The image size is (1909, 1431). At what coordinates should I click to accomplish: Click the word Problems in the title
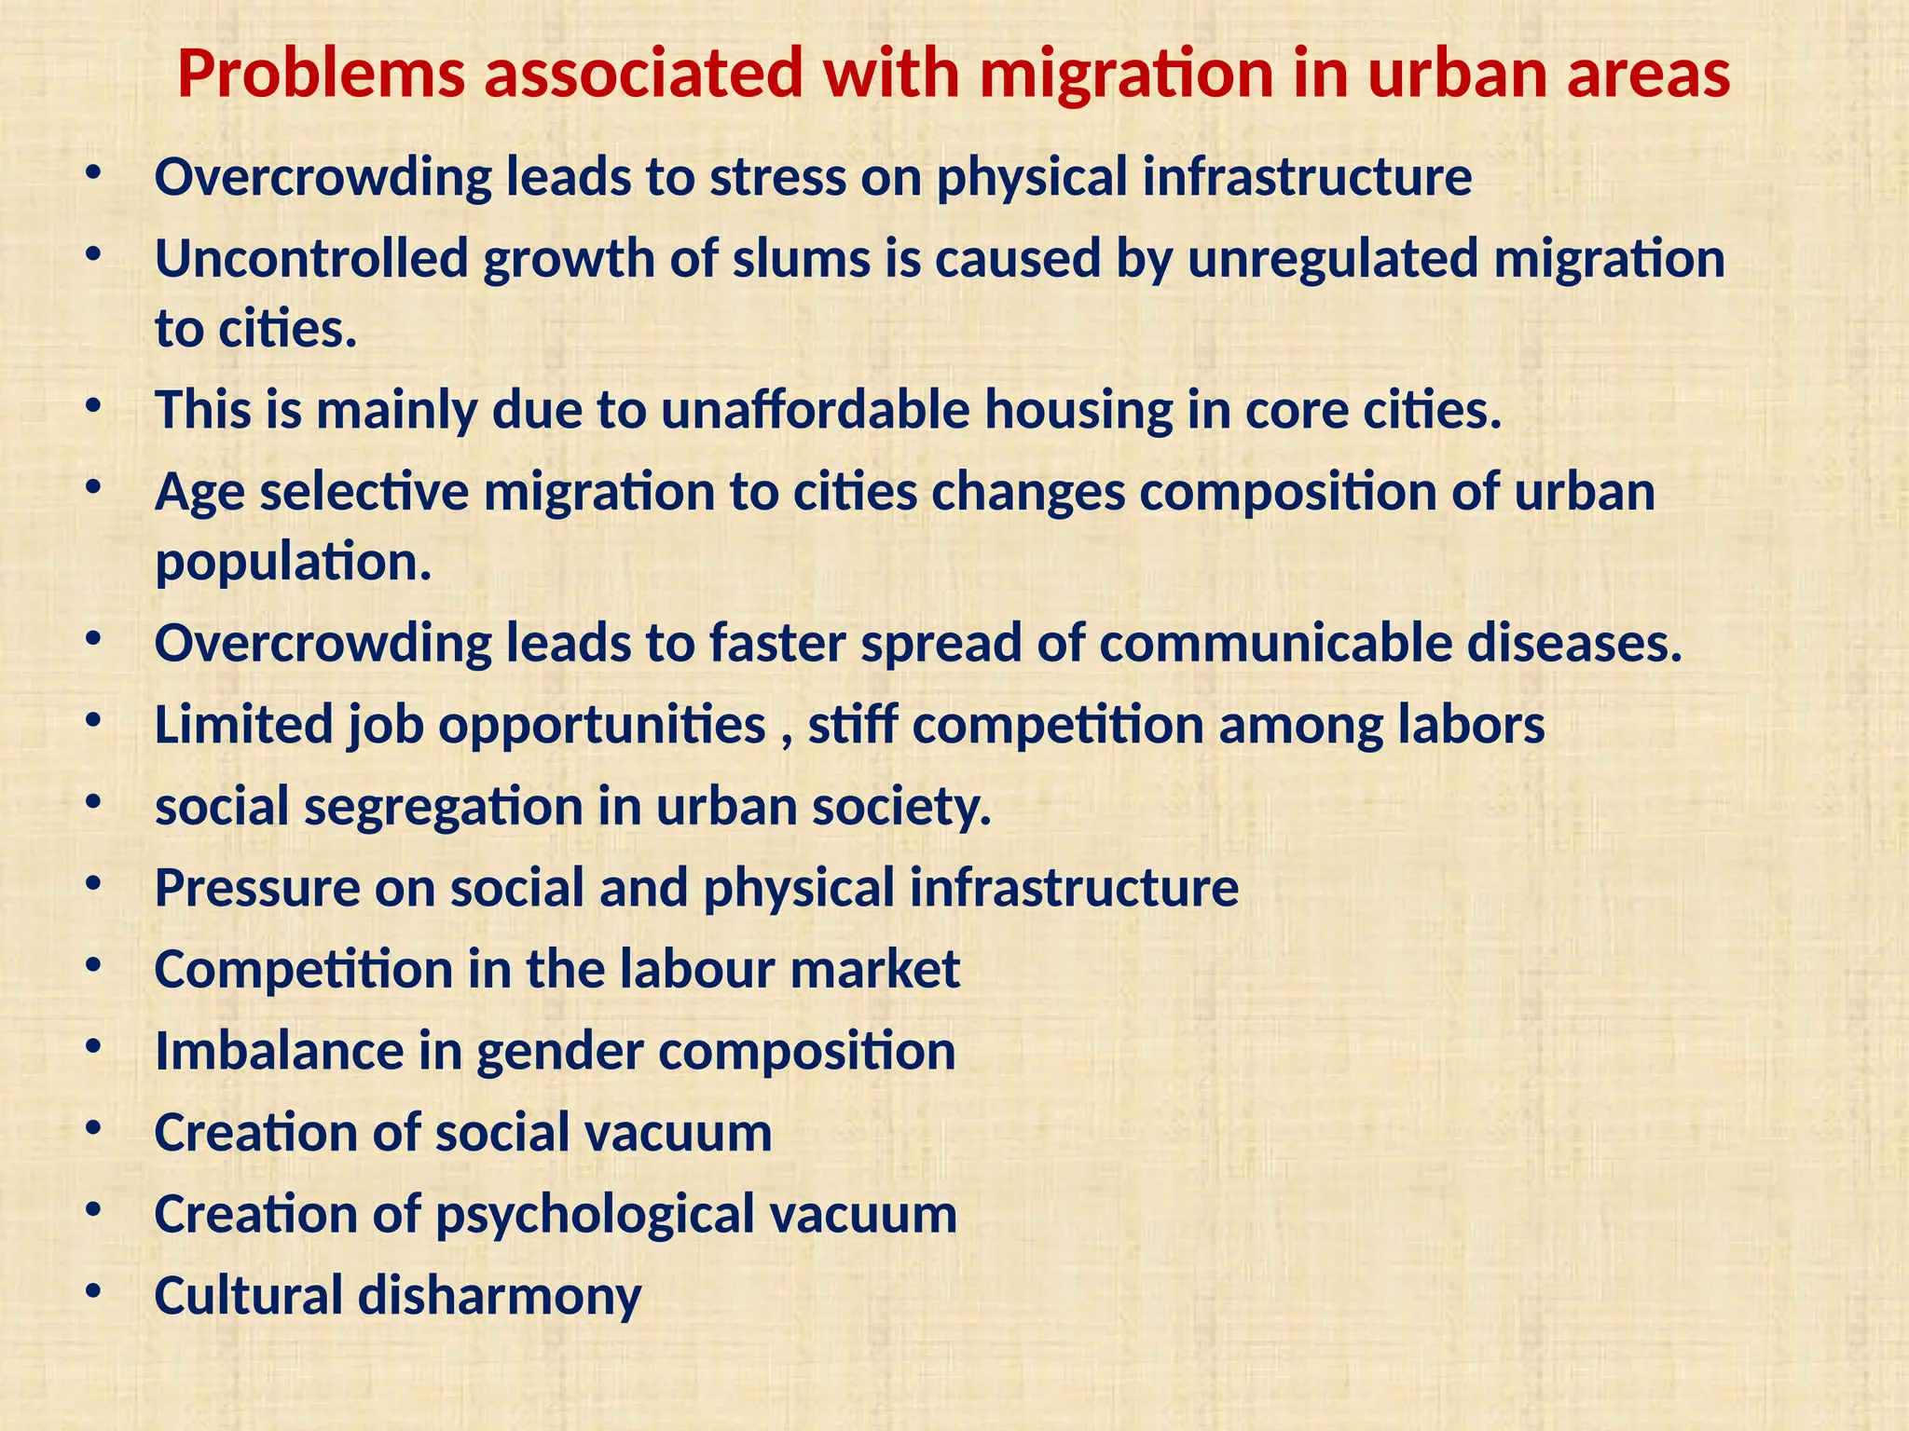[x=321, y=75]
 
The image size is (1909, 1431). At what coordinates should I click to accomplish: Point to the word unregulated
[x=1332, y=259]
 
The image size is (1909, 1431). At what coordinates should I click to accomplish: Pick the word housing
[x=1078, y=410]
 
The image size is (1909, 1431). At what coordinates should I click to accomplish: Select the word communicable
[x=1275, y=644]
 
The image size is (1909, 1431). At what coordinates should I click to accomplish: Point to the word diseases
[x=1575, y=644]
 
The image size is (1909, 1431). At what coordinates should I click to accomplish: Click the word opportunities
[x=602, y=725]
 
